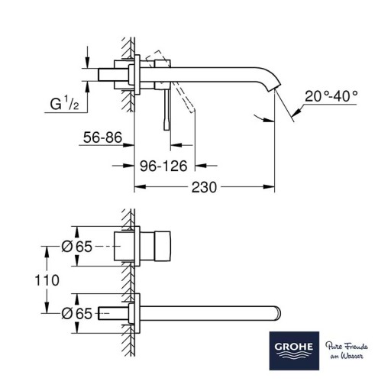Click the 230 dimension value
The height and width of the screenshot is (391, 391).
pyautogui.click(x=204, y=187)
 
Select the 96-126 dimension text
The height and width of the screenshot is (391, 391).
pyautogui.click(x=163, y=166)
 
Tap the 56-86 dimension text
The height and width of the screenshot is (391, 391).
pyautogui.click(x=102, y=137)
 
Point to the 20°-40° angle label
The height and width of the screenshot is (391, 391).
pyautogui.click(x=331, y=96)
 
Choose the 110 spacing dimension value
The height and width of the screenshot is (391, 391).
pyautogui.click(x=47, y=280)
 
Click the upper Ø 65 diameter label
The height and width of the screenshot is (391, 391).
pyautogui.click(x=76, y=247)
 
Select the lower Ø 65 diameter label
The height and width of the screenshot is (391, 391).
pyautogui.click(x=76, y=313)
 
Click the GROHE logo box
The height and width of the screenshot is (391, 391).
pyautogui.click(x=294, y=351)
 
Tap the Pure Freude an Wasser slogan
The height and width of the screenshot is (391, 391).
pyautogui.click(x=347, y=351)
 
